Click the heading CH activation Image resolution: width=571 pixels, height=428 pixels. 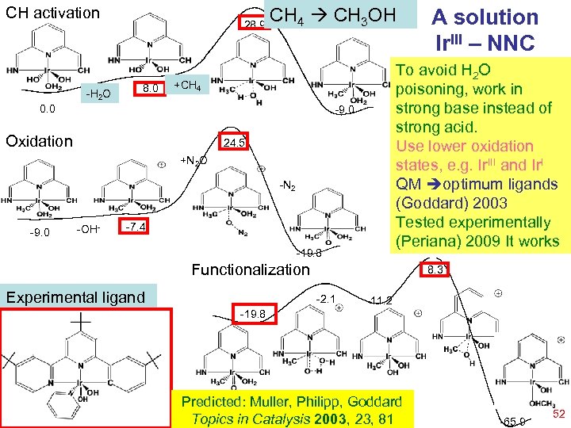click(x=53, y=13)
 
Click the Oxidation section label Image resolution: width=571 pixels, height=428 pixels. click(x=39, y=141)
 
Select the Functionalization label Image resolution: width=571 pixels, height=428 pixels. click(x=251, y=269)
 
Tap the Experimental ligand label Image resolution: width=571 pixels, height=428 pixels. click(x=75, y=297)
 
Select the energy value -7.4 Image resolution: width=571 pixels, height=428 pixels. click(x=136, y=228)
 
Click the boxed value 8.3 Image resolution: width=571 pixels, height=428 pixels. click(x=435, y=271)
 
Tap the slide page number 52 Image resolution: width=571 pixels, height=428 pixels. click(x=558, y=415)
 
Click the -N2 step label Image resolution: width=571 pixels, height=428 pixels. click(x=287, y=188)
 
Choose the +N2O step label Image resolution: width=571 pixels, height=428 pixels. click(x=194, y=161)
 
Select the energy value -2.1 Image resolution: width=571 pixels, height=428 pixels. click(x=326, y=299)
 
